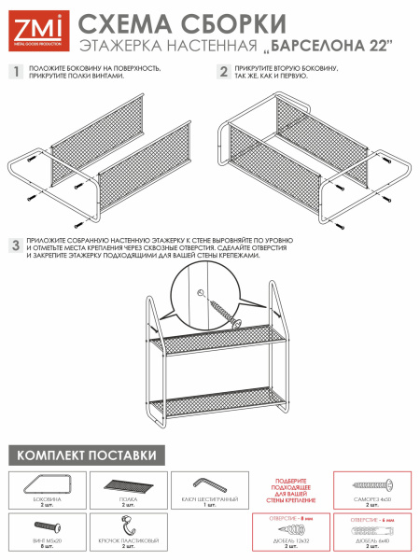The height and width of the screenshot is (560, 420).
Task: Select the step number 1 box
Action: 15,72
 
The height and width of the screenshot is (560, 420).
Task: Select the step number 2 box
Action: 223,72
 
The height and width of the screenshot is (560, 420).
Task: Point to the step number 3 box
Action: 15,245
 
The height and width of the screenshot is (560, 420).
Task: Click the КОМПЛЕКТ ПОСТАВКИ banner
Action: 86,455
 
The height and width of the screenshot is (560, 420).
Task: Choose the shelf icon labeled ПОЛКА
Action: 128,485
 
